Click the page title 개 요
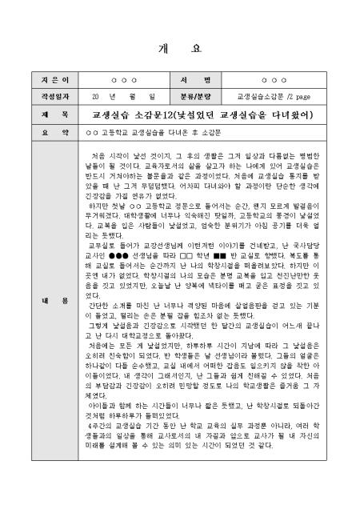point(179,47)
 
